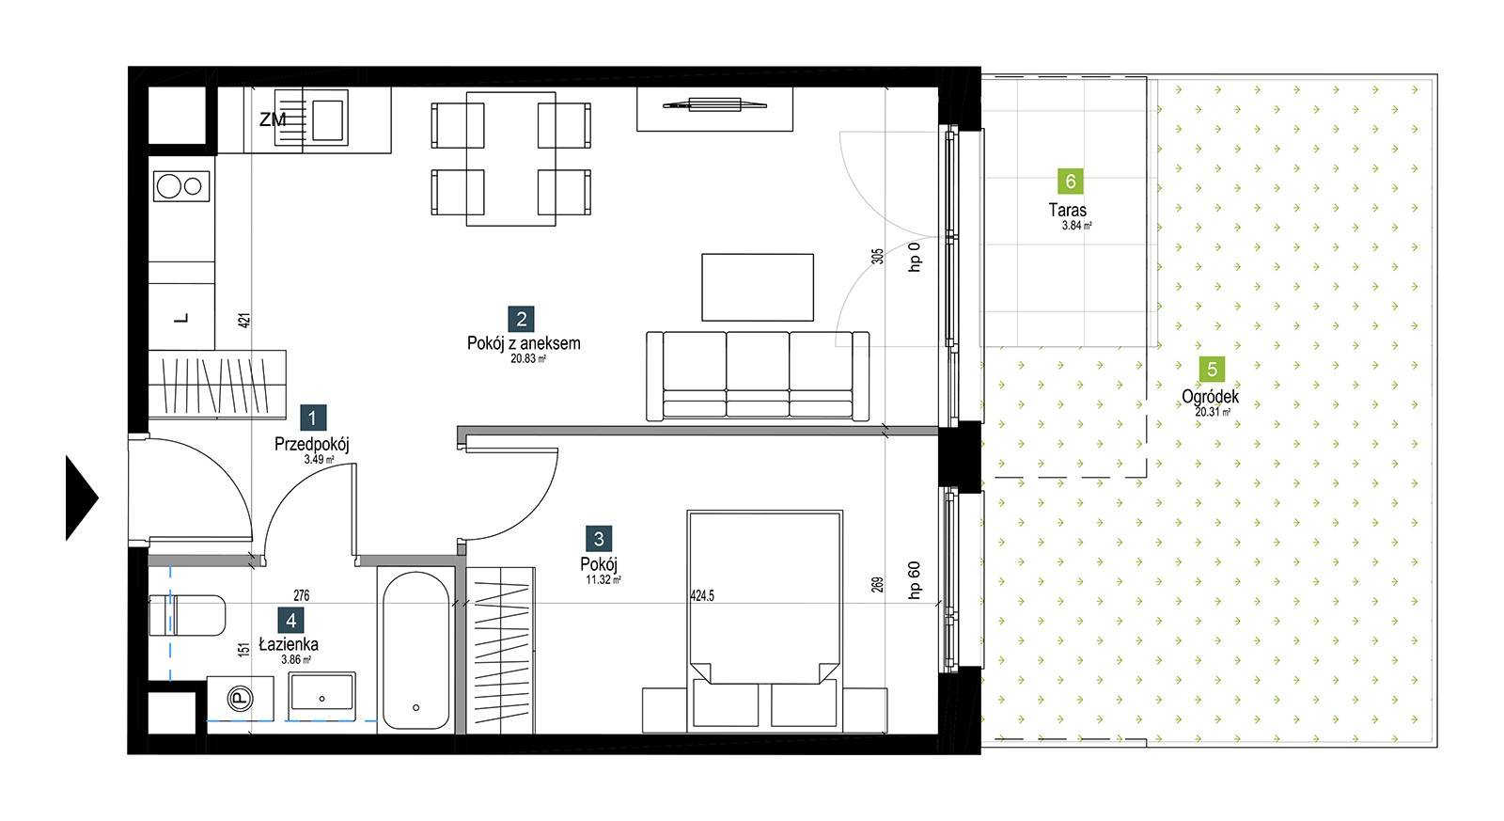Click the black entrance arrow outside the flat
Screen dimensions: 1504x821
click(x=81, y=497)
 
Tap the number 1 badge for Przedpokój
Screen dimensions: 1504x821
click(x=312, y=418)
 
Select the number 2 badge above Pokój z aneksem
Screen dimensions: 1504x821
click(x=521, y=319)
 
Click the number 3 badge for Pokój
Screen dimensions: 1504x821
click(x=599, y=538)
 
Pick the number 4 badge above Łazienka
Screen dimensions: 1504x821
click(x=290, y=620)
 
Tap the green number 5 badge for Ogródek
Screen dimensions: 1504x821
click(x=1212, y=370)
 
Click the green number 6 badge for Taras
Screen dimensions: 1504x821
click(x=1071, y=182)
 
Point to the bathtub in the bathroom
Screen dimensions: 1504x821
click(x=416, y=651)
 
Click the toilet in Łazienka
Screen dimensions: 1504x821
click(x=187, y=615)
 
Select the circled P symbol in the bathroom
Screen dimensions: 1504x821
click(x=240, y=699)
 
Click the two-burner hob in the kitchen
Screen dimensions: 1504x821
click(x=181, y=186)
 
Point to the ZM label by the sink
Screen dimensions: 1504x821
click(x=273, y=120)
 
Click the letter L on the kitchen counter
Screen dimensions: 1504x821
click(x=181, y=319)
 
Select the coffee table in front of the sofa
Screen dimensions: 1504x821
click(x=758, y=288)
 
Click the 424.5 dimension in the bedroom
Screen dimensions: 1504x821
click(x=702, y=595)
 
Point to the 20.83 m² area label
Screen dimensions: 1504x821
click(x=527, y=358)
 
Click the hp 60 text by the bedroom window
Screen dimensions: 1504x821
click(x=914, y=580)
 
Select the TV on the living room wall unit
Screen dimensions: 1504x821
click(x=714, y=104)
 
